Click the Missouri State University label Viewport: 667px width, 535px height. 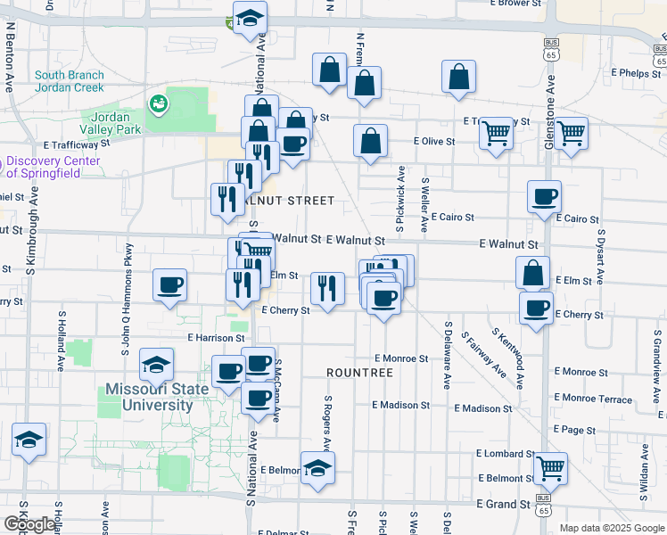click(x=149, y=397)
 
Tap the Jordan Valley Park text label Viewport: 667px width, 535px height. click(x=111, y=123)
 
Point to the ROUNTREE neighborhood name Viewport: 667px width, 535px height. click(x=359, y=372)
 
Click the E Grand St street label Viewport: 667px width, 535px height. click(x=503, y=504)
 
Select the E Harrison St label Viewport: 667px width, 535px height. click(x=216, y=338)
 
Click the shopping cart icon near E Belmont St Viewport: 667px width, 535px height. click(x=550, y=466)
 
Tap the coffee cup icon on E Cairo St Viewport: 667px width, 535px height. click(x=543, y=197)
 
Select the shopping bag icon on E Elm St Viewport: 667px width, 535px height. click(x=532, y=272)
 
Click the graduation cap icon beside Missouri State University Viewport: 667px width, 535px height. click(x=156, y=364)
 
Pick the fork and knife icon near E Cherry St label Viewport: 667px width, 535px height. click(x=328, y=288)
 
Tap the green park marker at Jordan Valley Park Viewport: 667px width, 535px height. click(x=160, y=104)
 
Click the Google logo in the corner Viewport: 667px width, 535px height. click(x=29, y=524)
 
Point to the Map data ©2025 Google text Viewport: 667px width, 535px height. click(x=612, y=528)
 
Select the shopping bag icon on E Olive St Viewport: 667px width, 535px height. click(x=370, y=140)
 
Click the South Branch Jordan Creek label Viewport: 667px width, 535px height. click(x=70, y=81)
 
